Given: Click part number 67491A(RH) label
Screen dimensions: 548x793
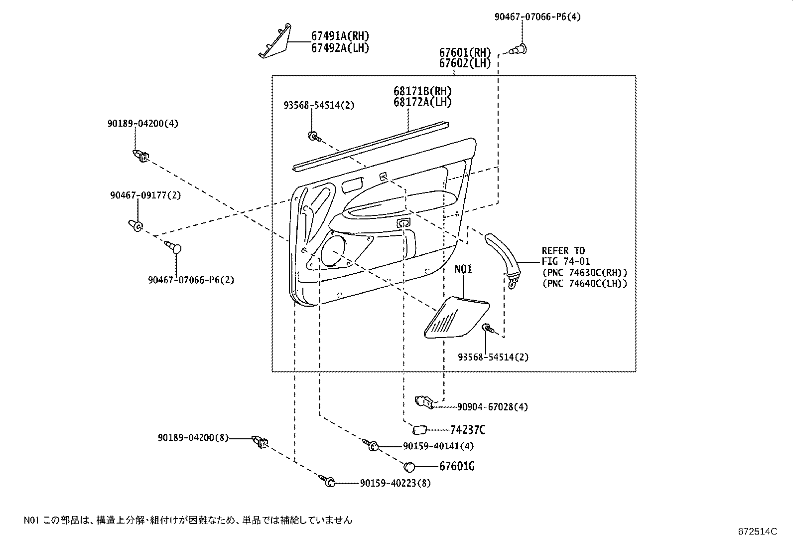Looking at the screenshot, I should (340, 36).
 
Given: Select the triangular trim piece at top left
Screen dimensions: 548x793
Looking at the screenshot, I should (274, 42).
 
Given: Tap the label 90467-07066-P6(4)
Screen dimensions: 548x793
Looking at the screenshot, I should (537, 17).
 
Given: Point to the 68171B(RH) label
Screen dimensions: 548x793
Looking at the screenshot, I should (422, 92).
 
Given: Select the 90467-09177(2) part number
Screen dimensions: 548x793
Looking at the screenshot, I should (145, 195).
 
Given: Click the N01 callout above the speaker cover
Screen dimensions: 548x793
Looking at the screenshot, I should (463, 270).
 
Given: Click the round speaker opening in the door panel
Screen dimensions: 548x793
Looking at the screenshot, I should (334, 251).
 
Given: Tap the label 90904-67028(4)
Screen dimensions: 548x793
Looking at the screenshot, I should (492, 407).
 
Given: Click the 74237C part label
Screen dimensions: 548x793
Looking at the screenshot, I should (467, 430).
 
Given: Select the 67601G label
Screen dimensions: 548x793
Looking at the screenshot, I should (456, 467).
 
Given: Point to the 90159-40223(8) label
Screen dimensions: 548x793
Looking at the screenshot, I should (395, 483).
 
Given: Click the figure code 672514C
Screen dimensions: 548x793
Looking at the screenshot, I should (757, 532).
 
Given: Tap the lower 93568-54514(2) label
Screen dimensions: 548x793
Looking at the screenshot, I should (493, 357).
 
